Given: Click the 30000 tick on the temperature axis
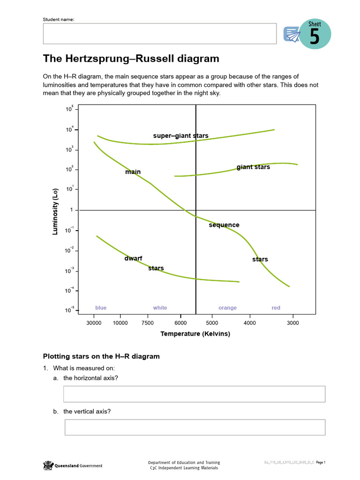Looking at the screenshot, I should [94, 323].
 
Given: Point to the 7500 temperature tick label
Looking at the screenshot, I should [148, 323].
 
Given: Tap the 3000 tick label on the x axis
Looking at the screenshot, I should [293, 323].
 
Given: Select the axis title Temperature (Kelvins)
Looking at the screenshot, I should [195, 334].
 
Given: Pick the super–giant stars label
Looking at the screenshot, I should [180, 136].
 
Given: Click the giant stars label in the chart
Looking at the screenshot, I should [253, 167].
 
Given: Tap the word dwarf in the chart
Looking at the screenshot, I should [133, 258].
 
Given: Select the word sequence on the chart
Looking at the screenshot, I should [224, 225].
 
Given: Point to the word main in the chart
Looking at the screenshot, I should [133, 172].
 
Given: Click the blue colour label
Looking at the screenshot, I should [101, 307].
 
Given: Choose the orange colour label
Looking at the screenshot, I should [227, 307].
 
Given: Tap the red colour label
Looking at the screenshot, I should [276, 307].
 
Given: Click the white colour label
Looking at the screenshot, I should [160, 307].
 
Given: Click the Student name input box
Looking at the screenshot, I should [159, 34].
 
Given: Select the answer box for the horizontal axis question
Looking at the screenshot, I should [194, 394].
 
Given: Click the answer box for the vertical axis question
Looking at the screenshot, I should [195, 427].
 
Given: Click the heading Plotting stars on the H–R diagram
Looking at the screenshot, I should [101, 356].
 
